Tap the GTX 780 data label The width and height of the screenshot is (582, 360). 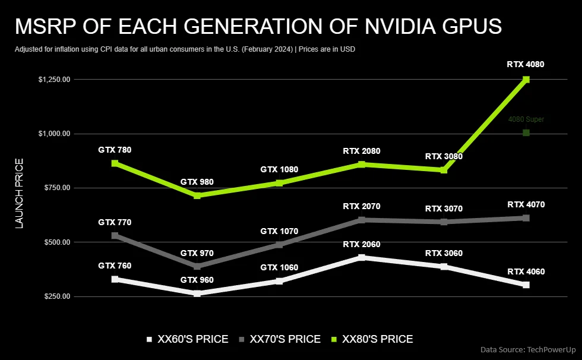tap(115, 150)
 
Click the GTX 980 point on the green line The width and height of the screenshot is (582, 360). tap(197, 195)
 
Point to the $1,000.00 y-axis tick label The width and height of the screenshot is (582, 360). tap(54, 134)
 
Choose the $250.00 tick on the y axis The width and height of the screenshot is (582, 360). tap(56, 296)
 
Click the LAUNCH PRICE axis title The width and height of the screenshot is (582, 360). tap(19, 194)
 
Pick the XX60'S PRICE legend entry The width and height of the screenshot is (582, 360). tap(187, 339)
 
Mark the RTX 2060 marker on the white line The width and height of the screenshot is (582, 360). tap(362, 257)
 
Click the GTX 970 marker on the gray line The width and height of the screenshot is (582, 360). tap(197, 266)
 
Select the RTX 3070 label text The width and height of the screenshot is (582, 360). tap(444, 209)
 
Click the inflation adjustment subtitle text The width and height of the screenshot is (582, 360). tap(184, 49)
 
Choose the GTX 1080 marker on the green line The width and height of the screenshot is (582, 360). tap(279, 183)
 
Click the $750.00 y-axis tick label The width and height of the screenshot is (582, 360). tap(56, 188)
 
